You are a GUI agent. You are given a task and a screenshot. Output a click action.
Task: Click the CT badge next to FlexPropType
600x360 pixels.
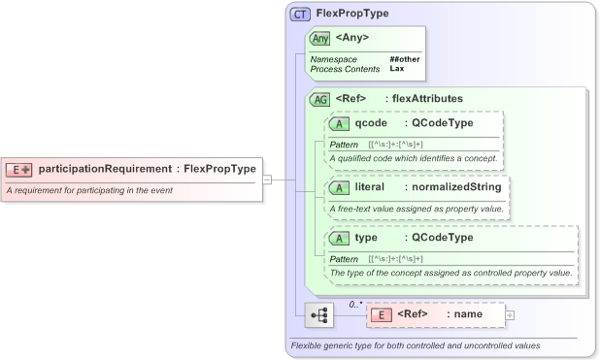point(300,16)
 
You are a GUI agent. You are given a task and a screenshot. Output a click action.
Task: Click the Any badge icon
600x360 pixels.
point(318,38)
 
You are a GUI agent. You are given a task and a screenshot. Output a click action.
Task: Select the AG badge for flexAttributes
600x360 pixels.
point(319,99)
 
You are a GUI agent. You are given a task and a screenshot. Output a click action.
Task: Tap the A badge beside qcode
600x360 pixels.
point(339,124)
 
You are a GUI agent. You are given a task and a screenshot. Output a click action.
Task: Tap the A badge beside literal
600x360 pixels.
point(339,186)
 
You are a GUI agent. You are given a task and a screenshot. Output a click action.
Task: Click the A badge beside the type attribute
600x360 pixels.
point(339,238)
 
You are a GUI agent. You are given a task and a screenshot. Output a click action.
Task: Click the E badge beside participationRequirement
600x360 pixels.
point(19,169)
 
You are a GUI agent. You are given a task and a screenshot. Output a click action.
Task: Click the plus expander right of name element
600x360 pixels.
point(510,315)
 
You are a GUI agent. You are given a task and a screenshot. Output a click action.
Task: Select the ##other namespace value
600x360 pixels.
point(404,59)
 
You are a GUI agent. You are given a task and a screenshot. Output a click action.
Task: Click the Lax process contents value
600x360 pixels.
point(397,69)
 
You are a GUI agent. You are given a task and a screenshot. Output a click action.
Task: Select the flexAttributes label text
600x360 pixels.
point(427,99)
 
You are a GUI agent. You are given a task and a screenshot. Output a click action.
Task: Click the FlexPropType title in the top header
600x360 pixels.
point(350,16)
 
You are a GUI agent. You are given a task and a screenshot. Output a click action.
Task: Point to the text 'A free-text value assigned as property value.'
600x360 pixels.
point(418,210)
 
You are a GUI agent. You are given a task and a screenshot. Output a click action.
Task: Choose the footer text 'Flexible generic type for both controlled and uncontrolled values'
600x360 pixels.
point(416,346)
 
